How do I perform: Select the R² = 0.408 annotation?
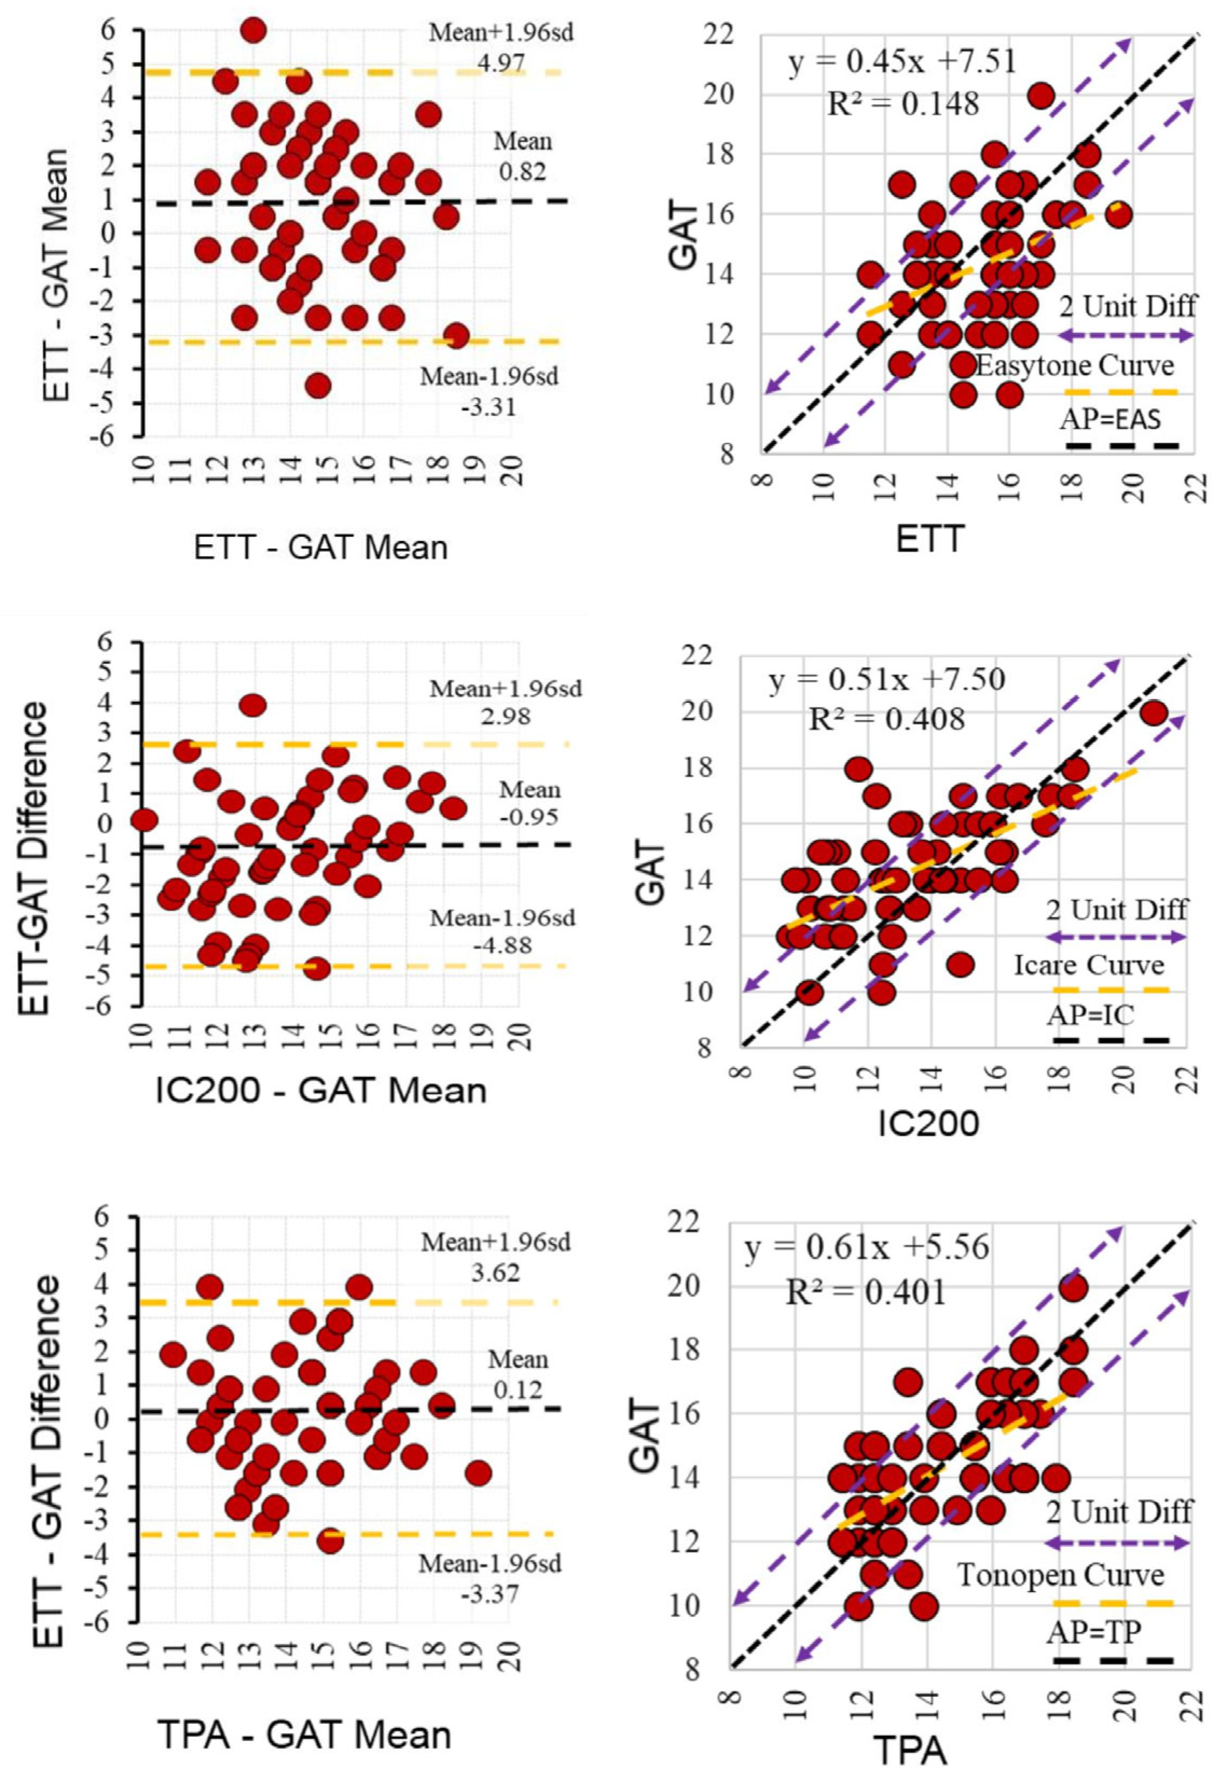[x=886, y=719]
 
